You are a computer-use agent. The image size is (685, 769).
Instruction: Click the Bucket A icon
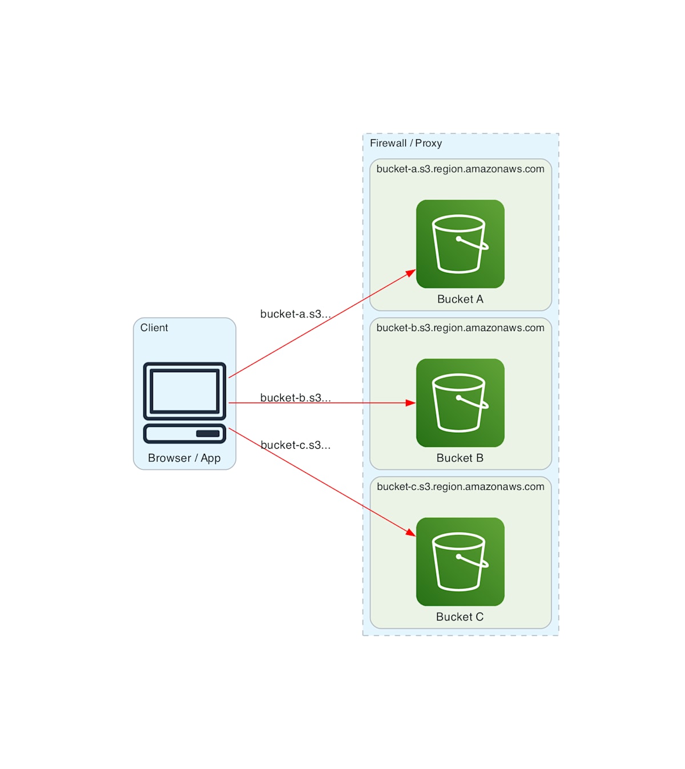[x=460, y=244]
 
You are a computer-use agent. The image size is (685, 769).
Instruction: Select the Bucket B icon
[x=460, y=402]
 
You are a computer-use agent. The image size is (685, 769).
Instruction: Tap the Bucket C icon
[x=460, y=561]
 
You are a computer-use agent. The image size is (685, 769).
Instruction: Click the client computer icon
[x=184, y=402]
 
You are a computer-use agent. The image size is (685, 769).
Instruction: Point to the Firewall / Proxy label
[x=406, y=143]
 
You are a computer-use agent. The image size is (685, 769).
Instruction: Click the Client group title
[x=154, y=328]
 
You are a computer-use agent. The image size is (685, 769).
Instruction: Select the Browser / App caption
[x=184, y=458]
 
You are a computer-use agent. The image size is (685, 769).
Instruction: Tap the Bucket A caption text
[x=460, y=299]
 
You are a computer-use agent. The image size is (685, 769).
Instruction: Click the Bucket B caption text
[x=460, y=458]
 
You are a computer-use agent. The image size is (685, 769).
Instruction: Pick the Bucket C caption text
[x=460, y=617]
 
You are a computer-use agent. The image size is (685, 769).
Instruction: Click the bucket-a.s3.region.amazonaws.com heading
[x=460, y=169]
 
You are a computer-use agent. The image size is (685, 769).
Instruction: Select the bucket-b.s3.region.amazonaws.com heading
[x=460, y=328]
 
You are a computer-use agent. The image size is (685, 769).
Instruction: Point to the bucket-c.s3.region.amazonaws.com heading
[x=460, y=486]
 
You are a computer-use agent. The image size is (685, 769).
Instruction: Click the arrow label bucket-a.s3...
[x=295, y=314]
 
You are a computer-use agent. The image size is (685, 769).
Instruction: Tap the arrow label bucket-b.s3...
[x=295, y=398]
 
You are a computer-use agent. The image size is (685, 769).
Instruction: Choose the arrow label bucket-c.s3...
[x=295, y=445]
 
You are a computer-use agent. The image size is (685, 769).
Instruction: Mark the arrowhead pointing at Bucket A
[x=411, y=273]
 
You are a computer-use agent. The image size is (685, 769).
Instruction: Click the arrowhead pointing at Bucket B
[x=411, y=402]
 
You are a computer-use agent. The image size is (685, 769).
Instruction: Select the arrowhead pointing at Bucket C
[x=411, y=533]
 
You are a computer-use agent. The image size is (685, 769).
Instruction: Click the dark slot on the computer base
[x=208, y=433]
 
